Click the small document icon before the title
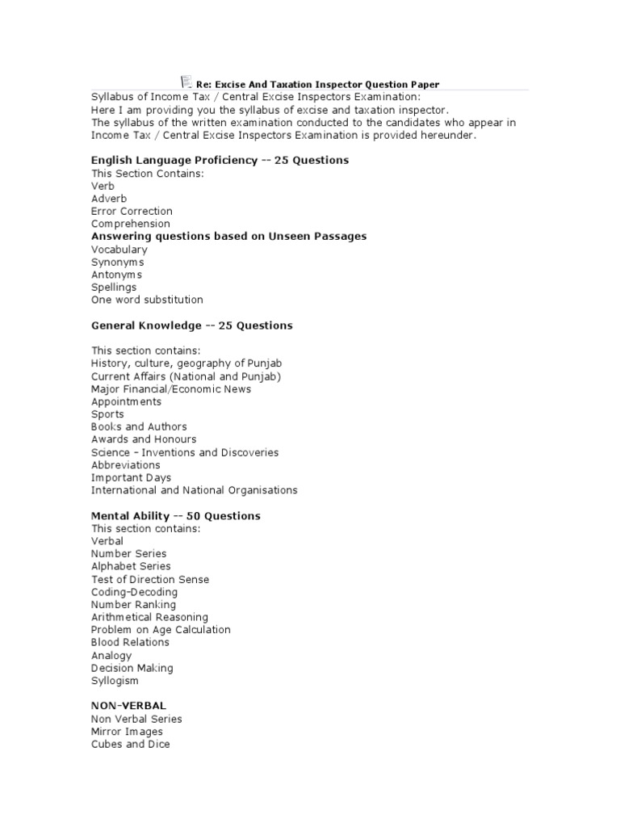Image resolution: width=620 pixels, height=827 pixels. [185, 82]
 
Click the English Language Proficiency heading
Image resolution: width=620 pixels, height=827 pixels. [220, 160]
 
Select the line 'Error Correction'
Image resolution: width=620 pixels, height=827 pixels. [132, 211]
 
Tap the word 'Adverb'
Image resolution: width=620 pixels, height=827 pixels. [109, 198]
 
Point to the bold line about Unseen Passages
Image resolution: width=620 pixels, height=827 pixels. [228, 236]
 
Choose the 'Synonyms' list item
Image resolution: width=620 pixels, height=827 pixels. [118, 262]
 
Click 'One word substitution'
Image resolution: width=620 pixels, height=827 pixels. [147, 300]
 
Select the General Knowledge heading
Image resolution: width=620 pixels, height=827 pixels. [191, 325]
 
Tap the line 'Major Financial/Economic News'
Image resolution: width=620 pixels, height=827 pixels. [171, 388]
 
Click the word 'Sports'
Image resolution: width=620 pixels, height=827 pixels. [107, 414]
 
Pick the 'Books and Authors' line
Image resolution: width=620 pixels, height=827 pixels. [139, 426]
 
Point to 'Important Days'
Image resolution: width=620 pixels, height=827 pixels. [131, 477]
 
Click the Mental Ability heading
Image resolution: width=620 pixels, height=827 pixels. [175, 515]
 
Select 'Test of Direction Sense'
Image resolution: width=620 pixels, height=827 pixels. [150, 579]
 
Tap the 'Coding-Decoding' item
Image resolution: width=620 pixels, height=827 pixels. [134, 592]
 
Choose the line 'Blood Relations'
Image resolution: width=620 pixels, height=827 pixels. [130, 642]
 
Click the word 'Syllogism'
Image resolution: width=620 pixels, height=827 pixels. [115, 681]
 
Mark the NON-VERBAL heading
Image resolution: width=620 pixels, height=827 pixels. [128, 706]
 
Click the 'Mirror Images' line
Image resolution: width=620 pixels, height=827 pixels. [127, 732]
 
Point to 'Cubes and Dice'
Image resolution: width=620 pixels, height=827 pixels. [130, 744]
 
